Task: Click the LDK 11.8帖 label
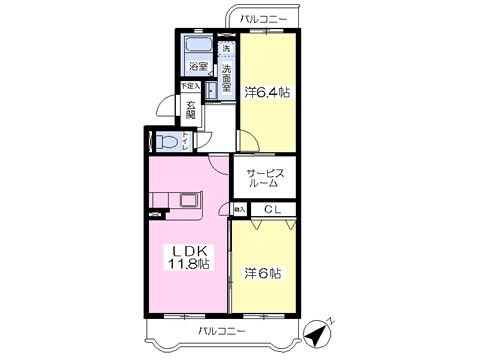coord(187,257)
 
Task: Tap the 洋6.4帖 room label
coord(268,92)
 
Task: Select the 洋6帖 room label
coord(264,272)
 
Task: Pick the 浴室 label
coord(199,68)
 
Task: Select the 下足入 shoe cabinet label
coord(190,87)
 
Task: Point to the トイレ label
coord(186,142)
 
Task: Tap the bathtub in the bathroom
coord(198,47)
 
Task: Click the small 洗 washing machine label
coord(226,48)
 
